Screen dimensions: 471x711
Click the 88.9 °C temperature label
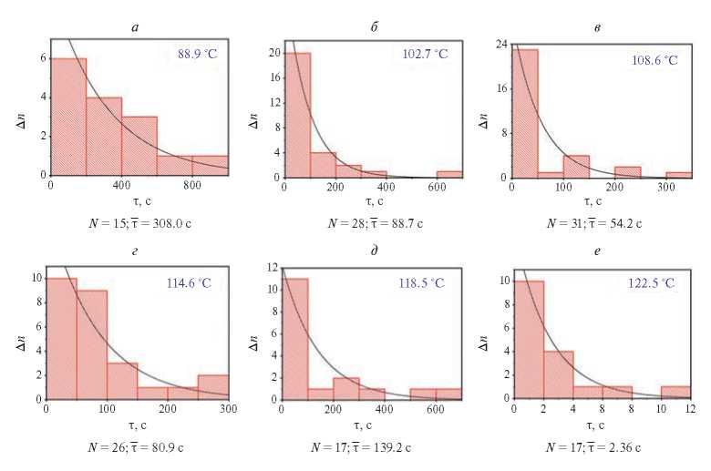pyautogui.click(x=197, y=55)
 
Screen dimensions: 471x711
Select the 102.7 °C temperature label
pyautogui.click(x=426, y=54)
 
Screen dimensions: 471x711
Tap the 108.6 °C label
pyautogui.click(x=656, y=59)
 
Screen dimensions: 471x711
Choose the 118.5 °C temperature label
pyautogui.click(x=426, y=283)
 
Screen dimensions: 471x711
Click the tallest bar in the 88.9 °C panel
pyautogui.click(x=68, y=117)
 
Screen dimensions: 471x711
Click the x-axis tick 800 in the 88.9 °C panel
pyautogui.click(x=192, y=187)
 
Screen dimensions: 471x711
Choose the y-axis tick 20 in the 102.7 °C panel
pyautogui.click(x=272, y=53)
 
